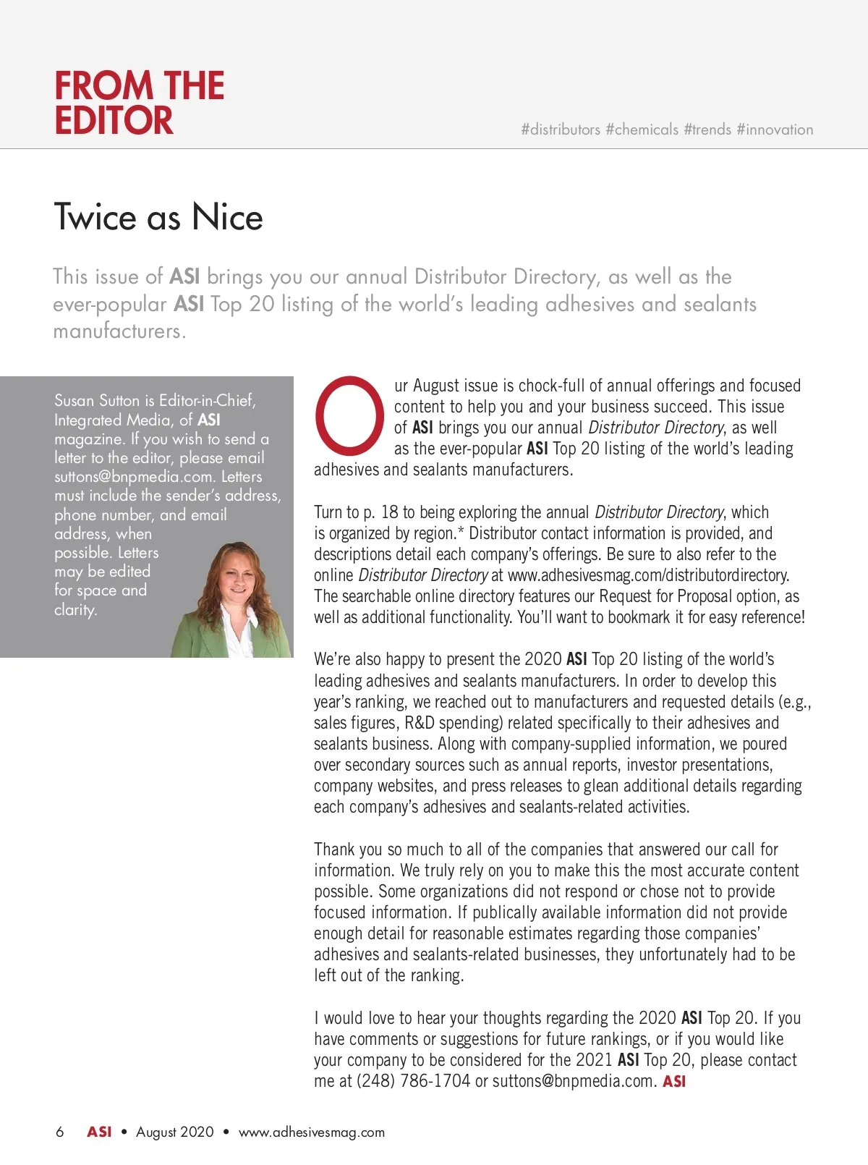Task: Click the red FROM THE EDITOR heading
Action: [139, 103]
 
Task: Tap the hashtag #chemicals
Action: [642, 130]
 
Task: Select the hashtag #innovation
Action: [775, 130]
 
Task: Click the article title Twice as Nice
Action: [158, 217]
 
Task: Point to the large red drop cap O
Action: [349, 415]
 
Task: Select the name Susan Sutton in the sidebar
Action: [97, 400]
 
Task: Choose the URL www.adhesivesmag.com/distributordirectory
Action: [648, 575]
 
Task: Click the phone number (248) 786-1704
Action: [413, 1081]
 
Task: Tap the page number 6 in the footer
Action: [59, 1132]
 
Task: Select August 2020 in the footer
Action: [175, 1132]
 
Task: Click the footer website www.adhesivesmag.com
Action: [312, 1132]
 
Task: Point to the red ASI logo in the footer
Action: [99, 1132]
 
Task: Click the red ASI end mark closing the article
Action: [674, 1081]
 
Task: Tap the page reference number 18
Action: [389, 512]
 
